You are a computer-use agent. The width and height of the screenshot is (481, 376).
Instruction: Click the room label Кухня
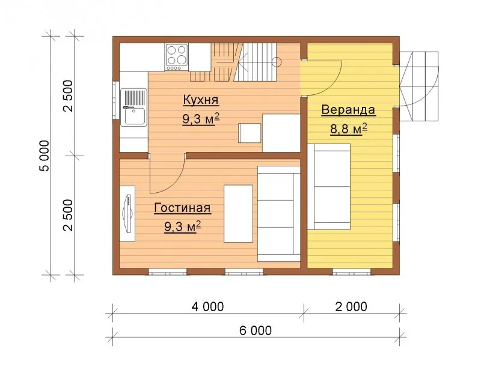[x=201, y=100]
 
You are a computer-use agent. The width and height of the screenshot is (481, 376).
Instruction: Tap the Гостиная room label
[x=182, y=208]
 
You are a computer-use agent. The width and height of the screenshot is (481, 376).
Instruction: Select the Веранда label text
[x=348, y=110]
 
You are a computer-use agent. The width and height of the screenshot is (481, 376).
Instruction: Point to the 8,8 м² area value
[x=349, y=129]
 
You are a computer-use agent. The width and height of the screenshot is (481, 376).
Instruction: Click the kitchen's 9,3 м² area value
[x=201, y=119]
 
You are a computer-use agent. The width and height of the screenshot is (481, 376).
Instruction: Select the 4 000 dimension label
[x=207, y=306]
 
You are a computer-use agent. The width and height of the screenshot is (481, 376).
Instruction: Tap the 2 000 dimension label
[x=351, y=306]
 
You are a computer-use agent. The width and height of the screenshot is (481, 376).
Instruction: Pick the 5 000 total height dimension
[x=44, y=156]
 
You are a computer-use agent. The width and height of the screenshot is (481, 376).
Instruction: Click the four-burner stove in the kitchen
[x=177, y=57]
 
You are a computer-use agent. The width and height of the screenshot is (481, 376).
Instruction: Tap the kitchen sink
[x=133, y=108]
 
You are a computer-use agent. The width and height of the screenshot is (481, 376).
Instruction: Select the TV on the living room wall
[x=128, y=214]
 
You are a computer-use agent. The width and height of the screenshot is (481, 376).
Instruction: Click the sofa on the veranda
[x=328, y=187]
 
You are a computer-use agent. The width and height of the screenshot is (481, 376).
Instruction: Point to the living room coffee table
[x=238, y=214]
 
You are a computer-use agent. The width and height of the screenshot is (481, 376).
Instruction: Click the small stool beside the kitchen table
[x=250, y=133]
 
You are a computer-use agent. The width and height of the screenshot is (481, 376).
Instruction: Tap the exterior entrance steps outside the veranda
[x=419, y=86]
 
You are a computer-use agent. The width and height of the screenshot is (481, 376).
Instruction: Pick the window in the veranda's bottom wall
[x=352, y=271]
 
